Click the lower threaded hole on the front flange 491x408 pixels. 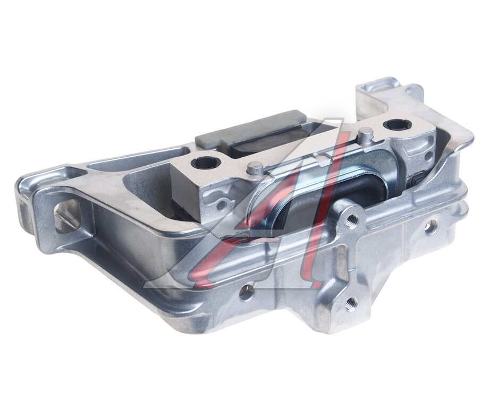351,302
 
